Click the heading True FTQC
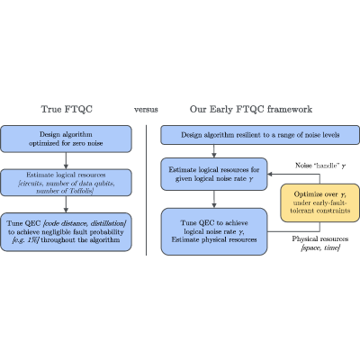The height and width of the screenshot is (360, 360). (x=67, y=109)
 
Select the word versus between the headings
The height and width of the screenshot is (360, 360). (x=146, y=110)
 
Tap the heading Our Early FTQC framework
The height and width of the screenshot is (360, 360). (x=251, y=109)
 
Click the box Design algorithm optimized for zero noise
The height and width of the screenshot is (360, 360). (x=66, y=139)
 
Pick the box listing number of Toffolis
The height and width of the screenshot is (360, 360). (x=66, y=183)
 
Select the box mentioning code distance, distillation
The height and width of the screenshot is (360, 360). (x=66, y=232)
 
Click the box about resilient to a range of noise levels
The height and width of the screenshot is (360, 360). (x=260, y=135)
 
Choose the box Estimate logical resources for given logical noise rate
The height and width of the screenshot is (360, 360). (x=214, y=174)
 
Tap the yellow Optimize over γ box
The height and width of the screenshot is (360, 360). (x=319, y=202)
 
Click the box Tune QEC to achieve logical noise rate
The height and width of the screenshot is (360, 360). (x=214, y=231)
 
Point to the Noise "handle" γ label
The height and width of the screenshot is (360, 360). (x=320, y=166)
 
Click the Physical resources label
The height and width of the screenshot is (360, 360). (x=320, y=238)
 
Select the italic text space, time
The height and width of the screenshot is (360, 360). (x=320, y=248)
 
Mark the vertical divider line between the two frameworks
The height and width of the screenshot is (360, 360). (x=147, y=190)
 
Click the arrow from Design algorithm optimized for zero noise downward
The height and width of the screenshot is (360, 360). (x=66, y=161)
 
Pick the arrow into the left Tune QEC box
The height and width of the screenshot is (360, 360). (x=66, y=204)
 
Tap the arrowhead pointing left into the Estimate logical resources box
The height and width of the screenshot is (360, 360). (x=270, y=174)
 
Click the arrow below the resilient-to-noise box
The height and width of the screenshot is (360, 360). (x=214, y=151)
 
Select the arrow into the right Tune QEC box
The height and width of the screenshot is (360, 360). (x=214, y=199)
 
